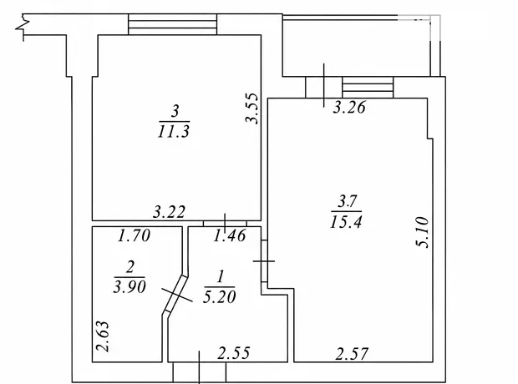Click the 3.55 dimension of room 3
click(x=253, y=109)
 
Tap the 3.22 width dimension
click(x=169, y=212)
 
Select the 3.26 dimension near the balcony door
click(x=349, y=108)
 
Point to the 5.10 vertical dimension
click(x=423, y=232)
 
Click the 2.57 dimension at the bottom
click(x=352, y=354)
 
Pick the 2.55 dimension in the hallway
click(x=234, y=352)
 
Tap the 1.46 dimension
click(x=230, y=235)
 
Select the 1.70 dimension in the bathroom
click(x=135, y=235)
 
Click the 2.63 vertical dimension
click(x=103, y=336)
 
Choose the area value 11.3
click(x=174, y=131)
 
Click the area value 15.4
click(x=346, y=221)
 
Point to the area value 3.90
click(x=129, y=286)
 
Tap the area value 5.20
click(x=220, y=296)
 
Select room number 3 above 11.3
click(x=175, y=111)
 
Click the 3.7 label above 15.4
click(x=346, y=201)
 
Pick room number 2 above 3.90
click(x=130, y=266)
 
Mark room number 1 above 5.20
click(x=221, y=276)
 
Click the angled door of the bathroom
click(x=175, y=294)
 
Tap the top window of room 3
click(x=172, y=24)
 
